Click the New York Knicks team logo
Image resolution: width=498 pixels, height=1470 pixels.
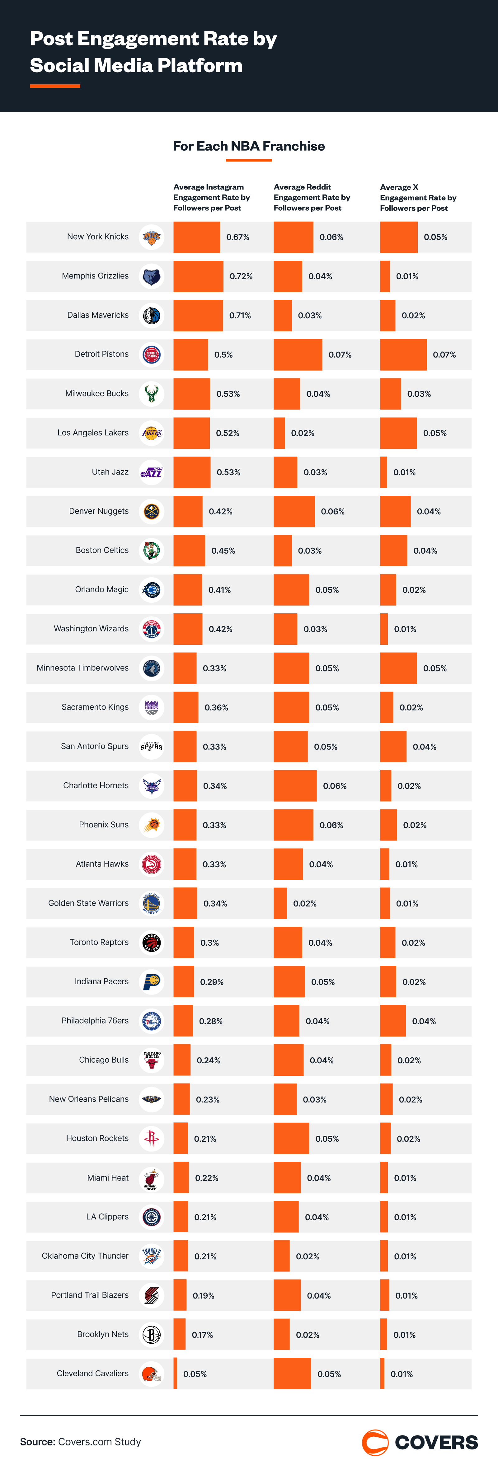pyautogui.click(x=151, y=237)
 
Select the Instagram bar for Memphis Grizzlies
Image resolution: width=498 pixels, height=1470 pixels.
pyautogui.click(x=198, y=276)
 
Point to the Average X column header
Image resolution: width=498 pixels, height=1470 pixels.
pyautogui.click(x=418, y=198)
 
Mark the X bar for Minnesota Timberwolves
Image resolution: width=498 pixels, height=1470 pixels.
pyautogui.click(x=398, y=668)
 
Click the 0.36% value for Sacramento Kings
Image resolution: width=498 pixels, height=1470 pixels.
pyautogui.click(x=216, y=708)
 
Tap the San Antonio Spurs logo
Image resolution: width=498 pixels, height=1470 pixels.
pyautogui.click(x=151, y=747)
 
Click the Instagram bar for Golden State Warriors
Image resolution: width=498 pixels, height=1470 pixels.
pyautogui.click(x=185, y=903)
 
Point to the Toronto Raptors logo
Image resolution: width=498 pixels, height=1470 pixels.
pyautogui.click(x=151, y=943)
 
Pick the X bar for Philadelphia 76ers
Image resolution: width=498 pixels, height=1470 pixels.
pyautogui.click(x=393, y=1021)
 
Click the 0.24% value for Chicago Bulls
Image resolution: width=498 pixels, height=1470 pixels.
pyautogui.click(x=209, y=1060)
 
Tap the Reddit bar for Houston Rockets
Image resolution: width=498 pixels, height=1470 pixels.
pyautogui.click(x=291, y=1139)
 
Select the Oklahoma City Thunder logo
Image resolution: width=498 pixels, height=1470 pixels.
pyautogui.click(x=151, y=1256)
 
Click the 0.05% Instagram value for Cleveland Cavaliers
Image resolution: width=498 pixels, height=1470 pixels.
pyautogui.click(x=195, y=1374)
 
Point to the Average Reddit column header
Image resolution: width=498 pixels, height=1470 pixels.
pyautogui.click(x=312, y=198)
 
